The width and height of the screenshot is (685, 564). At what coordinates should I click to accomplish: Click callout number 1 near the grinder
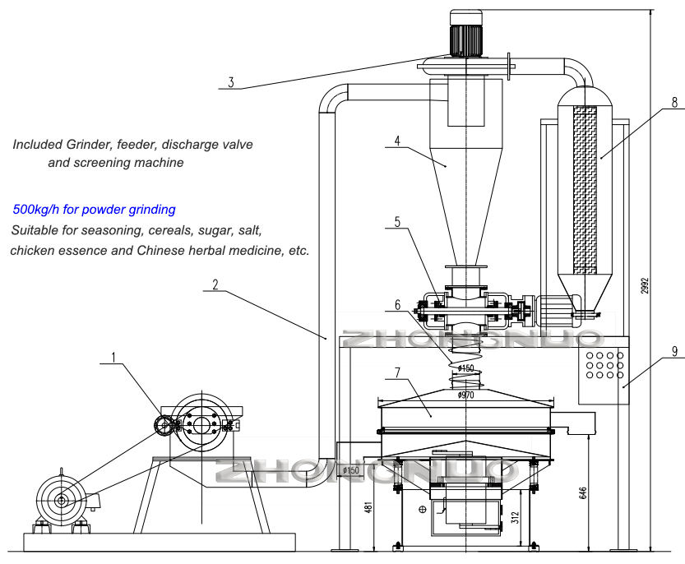(113, 358)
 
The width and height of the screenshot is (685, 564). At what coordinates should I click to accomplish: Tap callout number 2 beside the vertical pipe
(215, 284)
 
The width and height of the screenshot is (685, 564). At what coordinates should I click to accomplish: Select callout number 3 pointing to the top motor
(230, 81)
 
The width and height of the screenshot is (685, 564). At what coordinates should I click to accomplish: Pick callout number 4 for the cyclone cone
(397, 141)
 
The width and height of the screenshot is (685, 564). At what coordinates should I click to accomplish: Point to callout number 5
(397, 222)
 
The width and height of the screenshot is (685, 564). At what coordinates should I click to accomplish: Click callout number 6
(397, 304)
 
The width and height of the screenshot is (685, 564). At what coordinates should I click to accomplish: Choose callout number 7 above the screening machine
(397, 372)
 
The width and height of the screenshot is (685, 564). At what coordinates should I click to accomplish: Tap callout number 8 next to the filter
(674, 102)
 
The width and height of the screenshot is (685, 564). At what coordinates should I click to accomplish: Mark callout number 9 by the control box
(674, 351)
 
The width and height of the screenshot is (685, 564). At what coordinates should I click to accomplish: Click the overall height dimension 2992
(645, 285)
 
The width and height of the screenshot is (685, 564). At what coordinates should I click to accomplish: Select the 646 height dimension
(583, 492)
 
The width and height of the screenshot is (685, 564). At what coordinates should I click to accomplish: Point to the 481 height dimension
(368, 507)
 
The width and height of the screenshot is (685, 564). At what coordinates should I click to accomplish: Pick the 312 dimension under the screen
(515, 517)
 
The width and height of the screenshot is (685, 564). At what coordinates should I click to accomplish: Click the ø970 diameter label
(465, 395)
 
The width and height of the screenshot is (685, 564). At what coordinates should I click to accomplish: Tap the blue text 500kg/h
(36, 210)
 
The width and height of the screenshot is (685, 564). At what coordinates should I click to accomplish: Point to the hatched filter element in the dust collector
(585, 190)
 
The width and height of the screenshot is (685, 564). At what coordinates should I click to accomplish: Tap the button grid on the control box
(604, 365)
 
